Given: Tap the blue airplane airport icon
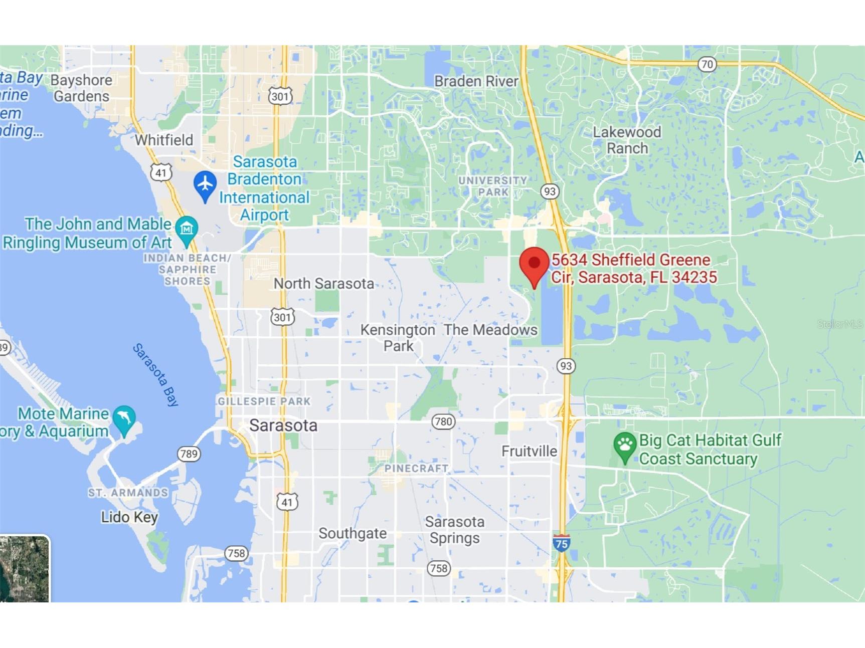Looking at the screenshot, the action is (x=205, y=185).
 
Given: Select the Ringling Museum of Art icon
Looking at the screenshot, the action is (x=187, y=231).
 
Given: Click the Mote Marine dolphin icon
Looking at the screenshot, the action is (x=124, y=419).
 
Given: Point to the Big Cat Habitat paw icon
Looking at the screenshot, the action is (x=624, y=446).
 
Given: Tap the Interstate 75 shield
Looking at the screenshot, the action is (x=561, y=543).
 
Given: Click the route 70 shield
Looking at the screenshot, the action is (x=707, y=64).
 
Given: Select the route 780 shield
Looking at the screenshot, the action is (x=443, y=421).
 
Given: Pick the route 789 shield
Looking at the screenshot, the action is (x=189, y=454).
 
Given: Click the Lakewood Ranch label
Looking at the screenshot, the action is (x=627, y=140).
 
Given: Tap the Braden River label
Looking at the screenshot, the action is (x=476, y=81).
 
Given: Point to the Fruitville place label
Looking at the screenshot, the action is (x=529, y=451).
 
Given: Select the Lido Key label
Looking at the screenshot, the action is (x=129, y=517).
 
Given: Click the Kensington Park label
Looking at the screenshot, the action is (x=398, y=338).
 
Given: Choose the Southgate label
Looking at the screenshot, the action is (x=353, y=533).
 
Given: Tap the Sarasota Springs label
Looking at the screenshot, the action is (x=455, y=530).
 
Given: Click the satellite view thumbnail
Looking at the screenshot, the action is (x=24, y=569).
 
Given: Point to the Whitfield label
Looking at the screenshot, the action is (x=163, y=140).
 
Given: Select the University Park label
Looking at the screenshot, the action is (x=492, y=186).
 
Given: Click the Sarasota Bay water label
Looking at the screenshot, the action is (x=155, y=374).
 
